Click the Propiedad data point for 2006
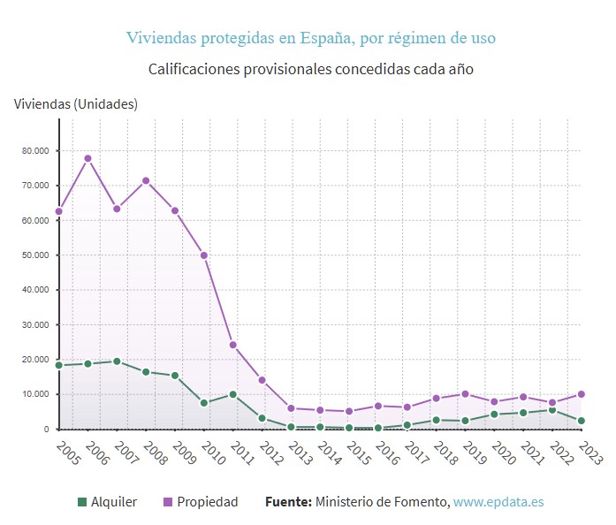tap(87, 158)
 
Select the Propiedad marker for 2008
tap(146, 180)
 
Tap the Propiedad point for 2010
tap(204, 255)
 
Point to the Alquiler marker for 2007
tap(117, 361)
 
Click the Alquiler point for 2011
tap(232, 394)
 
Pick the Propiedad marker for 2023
tap(581, 394)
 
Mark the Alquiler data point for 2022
tap(552, 409)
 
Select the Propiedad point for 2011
tap(232, 345)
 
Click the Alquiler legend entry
tap(107, 502)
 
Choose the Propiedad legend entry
tap(200, 502)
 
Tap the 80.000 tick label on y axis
tap(34, 150)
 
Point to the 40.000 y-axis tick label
tap(34, 290)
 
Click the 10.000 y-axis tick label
tap(34, 394)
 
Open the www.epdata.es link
tap(498, 502)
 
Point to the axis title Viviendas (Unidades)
tap(76, 103)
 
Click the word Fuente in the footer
tap(288, 502)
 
